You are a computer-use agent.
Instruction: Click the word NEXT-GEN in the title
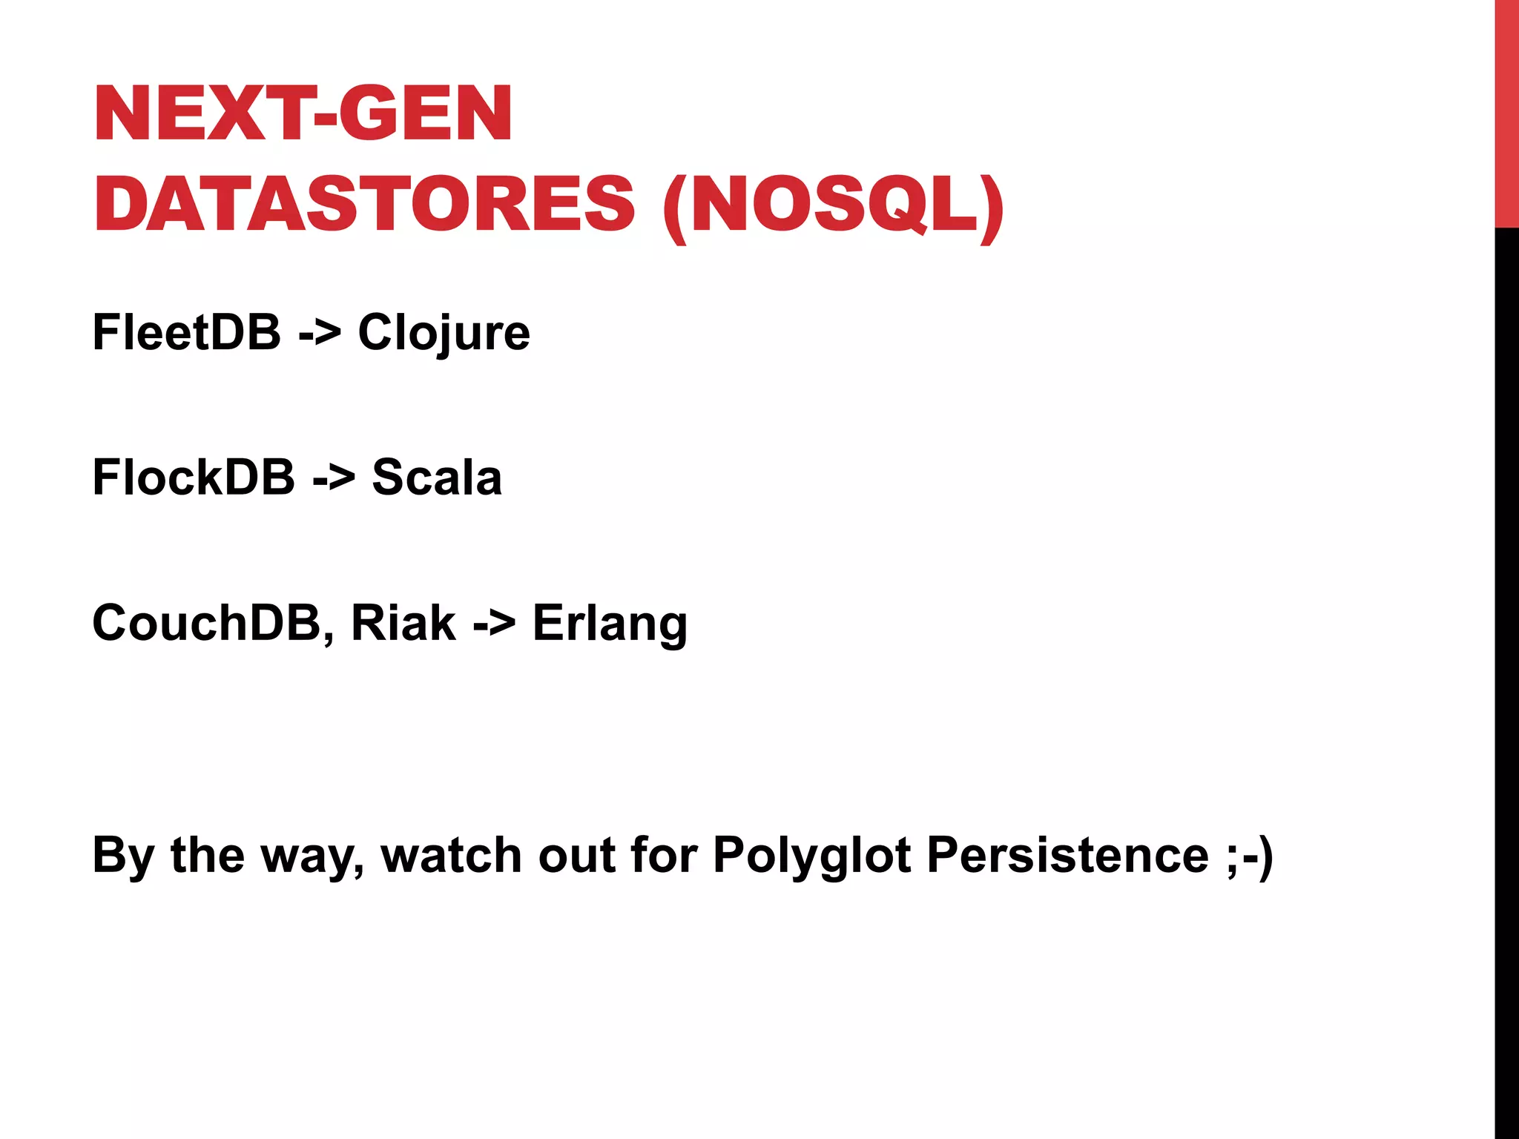coord(303,113)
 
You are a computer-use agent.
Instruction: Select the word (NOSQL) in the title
coord(834,205)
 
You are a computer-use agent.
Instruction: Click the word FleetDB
coord(186,332)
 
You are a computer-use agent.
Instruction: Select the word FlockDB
coord(194,477)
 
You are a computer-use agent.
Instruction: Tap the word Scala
coord(437,477)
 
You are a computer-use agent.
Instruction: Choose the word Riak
coord(403,622)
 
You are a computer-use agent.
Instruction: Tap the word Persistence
coord(1068,855)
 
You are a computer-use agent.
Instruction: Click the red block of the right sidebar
coord(1506,113)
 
